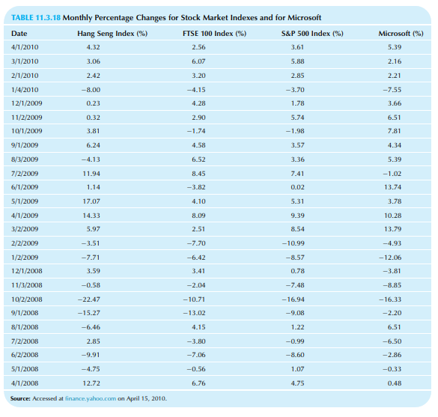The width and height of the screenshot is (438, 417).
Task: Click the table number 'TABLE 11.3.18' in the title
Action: coord(36,18)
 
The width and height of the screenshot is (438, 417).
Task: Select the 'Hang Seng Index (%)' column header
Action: coord(112,34)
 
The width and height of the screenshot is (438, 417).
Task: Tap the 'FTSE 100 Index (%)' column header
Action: coord(215,34)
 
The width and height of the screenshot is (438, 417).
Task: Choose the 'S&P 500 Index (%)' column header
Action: coord(312,34)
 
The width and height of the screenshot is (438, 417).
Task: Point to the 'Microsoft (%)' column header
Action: coord(401,34)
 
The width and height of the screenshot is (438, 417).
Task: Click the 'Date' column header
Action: coord(19,34)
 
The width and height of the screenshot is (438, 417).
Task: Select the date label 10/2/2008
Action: coord(27,299)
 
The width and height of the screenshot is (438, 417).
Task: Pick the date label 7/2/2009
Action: coord(25,174)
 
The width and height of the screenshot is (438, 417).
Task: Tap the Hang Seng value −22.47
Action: coord(89,299)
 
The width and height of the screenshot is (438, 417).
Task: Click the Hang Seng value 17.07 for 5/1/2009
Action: coord(91,201)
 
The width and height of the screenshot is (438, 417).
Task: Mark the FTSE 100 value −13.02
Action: coord(194,313)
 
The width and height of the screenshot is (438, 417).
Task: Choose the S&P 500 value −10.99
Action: coord(293,243)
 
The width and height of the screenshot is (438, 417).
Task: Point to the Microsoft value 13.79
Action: coord(393,229)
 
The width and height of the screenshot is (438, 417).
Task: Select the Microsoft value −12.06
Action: coord(390,258)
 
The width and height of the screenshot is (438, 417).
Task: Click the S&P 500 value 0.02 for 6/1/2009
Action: coord(297,187)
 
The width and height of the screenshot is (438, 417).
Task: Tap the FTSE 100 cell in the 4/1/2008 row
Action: coord(198,383)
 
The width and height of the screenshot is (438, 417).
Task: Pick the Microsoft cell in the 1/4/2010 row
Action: coord(392,90)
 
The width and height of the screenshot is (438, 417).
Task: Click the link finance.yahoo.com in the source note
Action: coord(91,398)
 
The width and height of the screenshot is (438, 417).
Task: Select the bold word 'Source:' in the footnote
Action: coord(20,398)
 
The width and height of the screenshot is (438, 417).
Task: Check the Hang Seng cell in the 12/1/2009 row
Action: coord(94,103)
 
